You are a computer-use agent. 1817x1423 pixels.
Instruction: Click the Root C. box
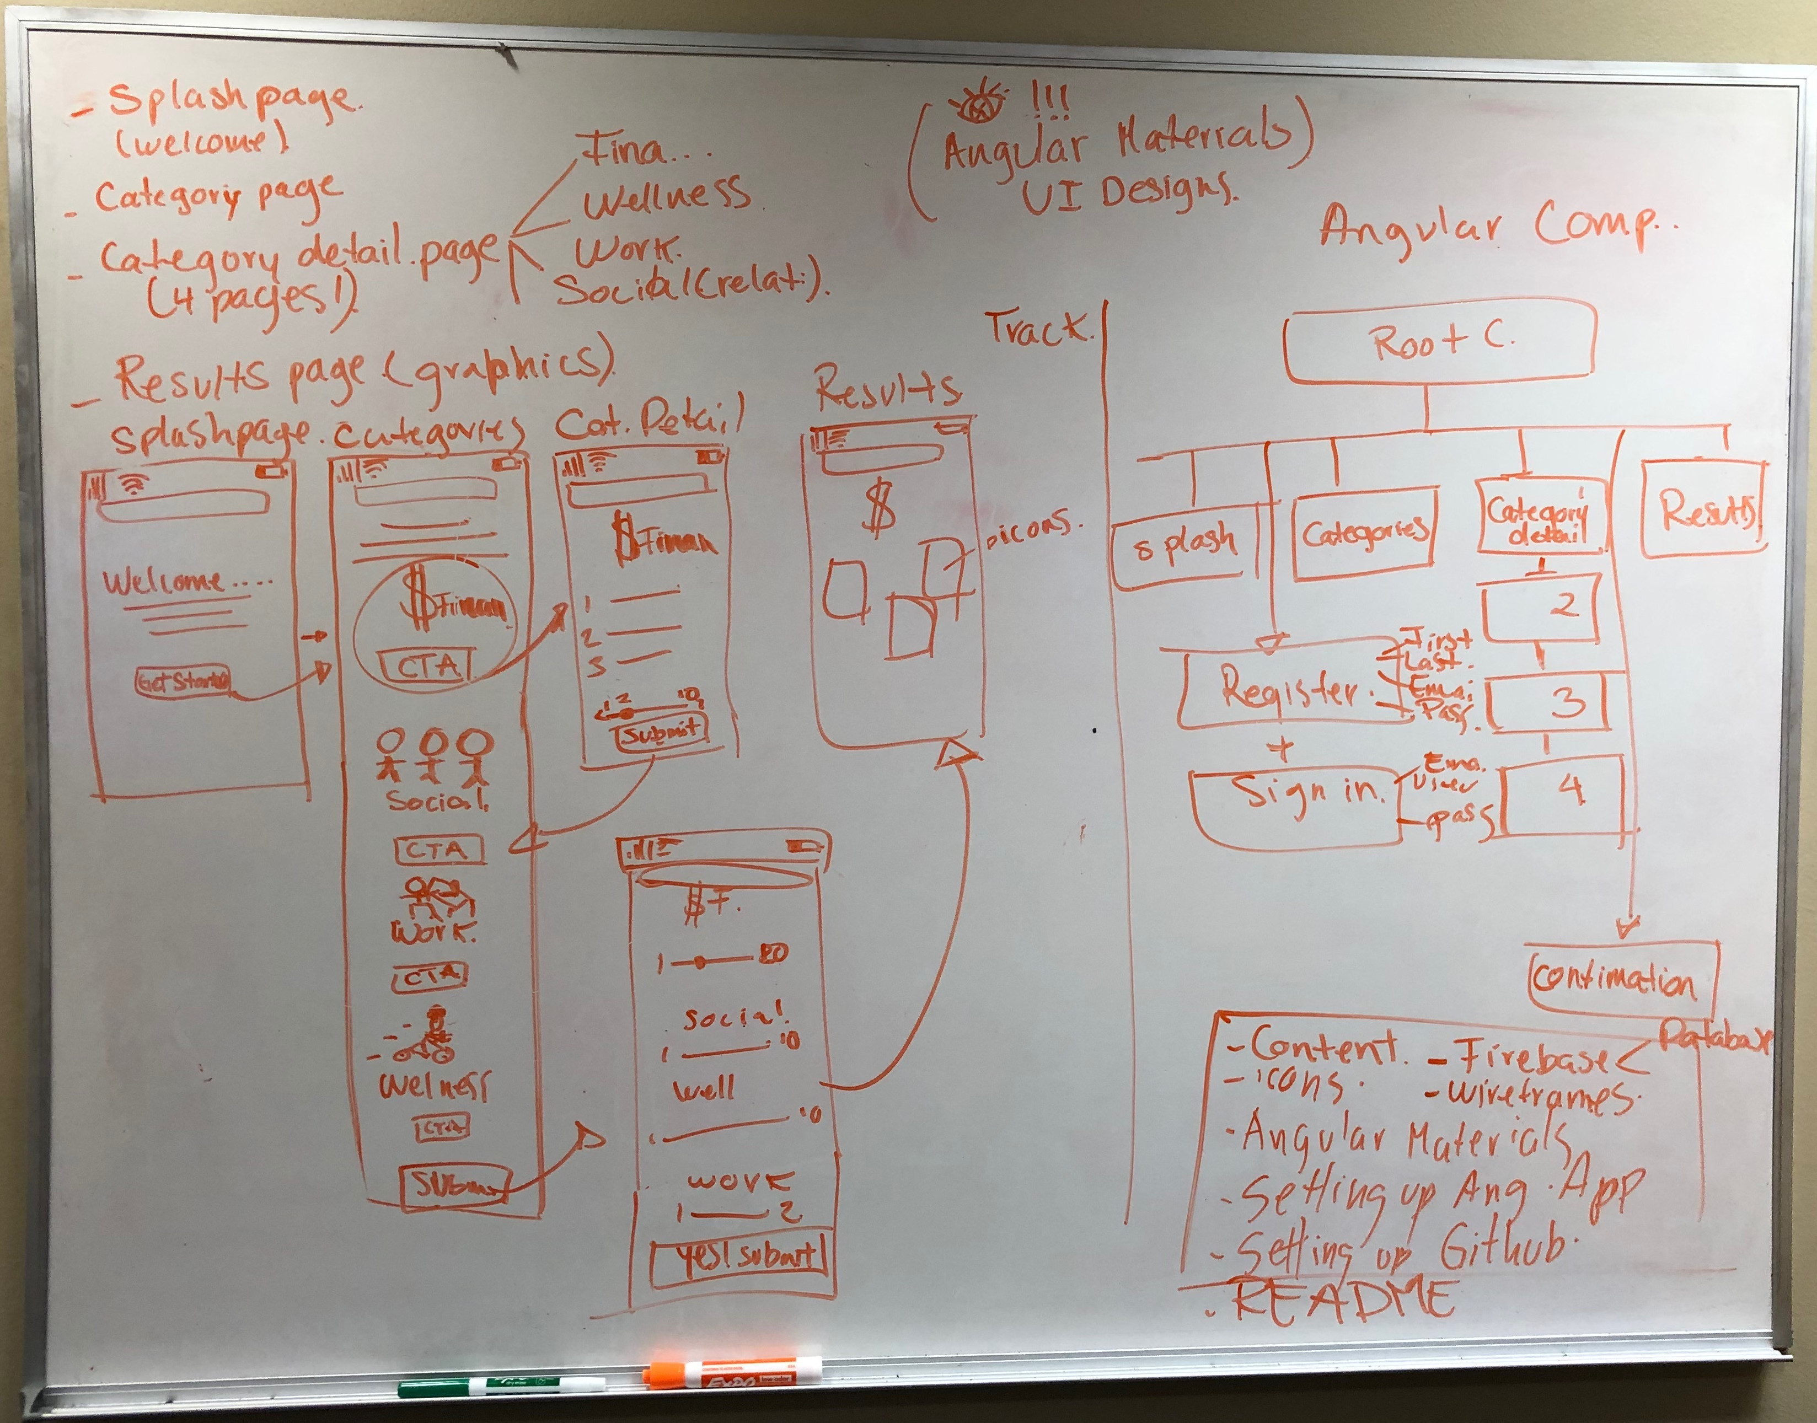[1440, 342]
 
